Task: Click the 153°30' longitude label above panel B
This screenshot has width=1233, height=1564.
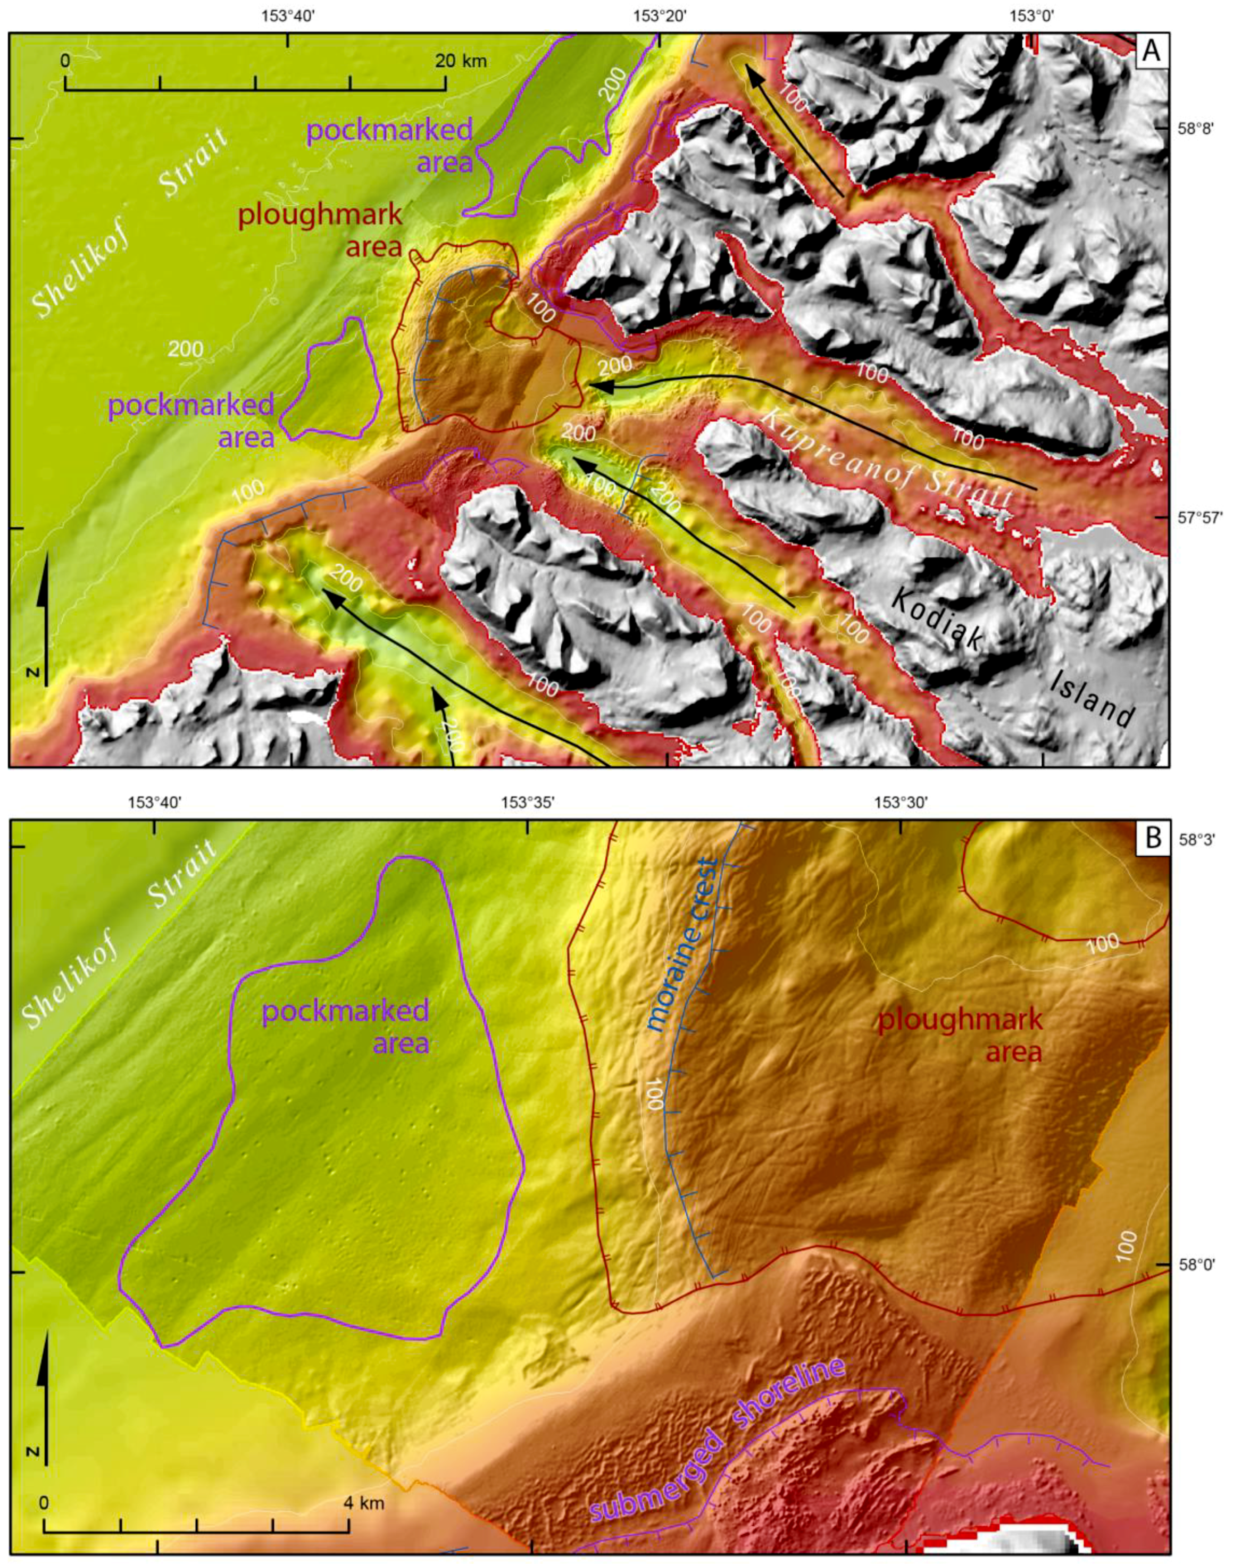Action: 899,802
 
